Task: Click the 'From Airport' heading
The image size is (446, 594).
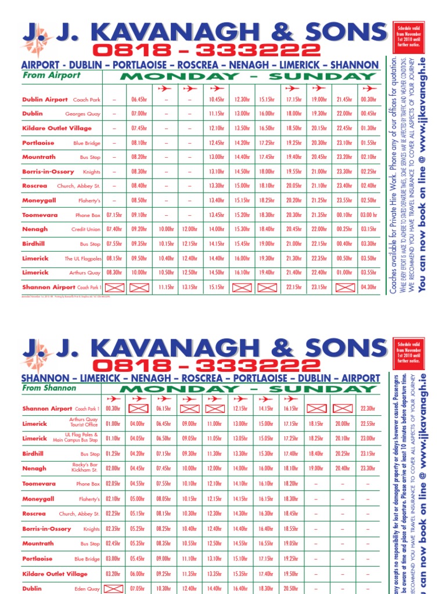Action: coord(52,75)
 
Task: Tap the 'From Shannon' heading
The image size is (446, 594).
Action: coord(49,388)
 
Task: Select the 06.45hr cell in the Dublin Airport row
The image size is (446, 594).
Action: coord(139,100)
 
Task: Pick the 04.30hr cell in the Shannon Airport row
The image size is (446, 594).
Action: coord(368,287)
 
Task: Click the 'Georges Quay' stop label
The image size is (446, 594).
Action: coord(83,114)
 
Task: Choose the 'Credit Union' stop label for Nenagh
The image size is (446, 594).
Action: coord(86,230)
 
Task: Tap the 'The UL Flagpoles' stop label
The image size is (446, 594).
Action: coord(82,259)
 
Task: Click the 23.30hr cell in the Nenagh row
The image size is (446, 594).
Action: coord(368,469)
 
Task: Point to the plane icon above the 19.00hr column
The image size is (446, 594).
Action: coord(319,89)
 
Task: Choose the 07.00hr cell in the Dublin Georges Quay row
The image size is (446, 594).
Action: coord(139,114)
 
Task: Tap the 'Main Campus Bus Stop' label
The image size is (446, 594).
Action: coord(76,441)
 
